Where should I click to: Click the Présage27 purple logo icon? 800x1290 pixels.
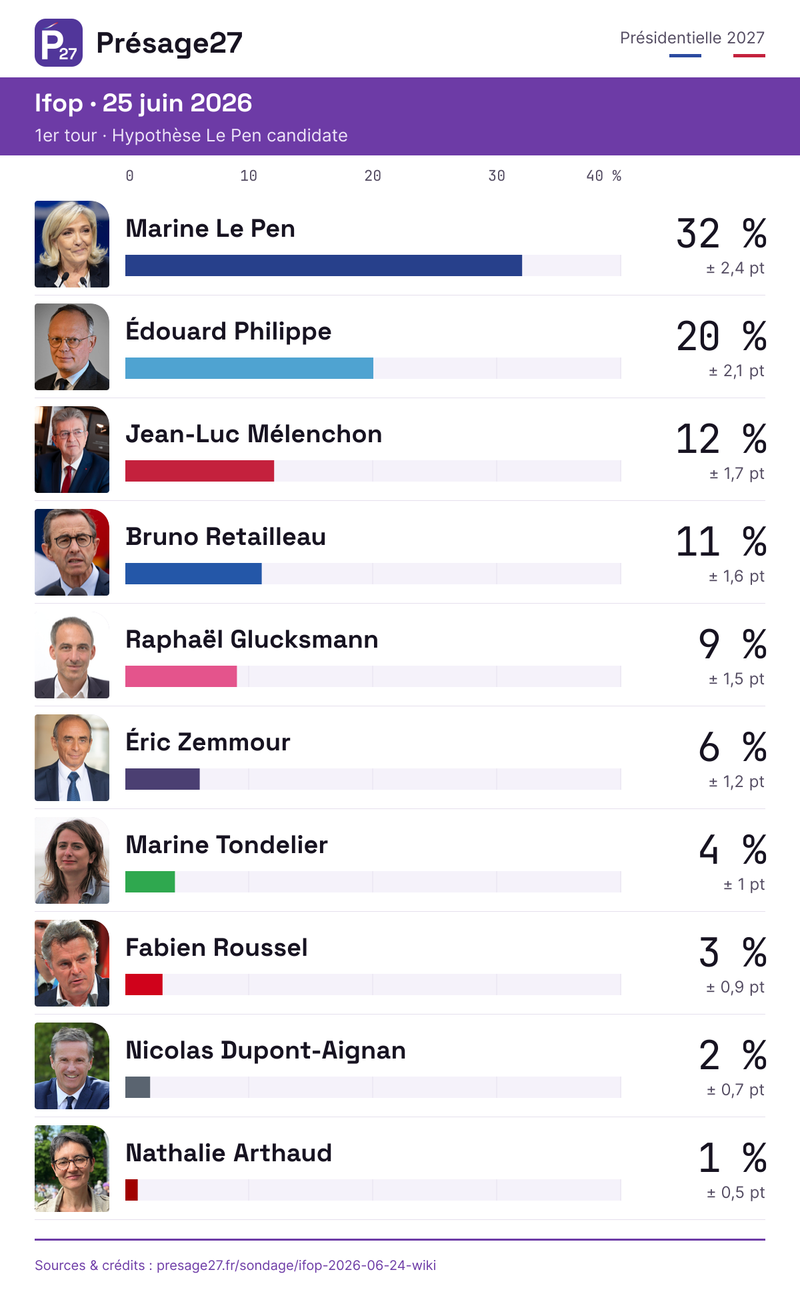click(x=59, y=43)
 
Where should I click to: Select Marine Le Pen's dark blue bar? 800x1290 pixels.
click(x=323, y=265)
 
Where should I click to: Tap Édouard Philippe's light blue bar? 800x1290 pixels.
click(x=249, y=368)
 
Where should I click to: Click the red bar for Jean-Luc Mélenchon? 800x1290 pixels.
click(x=199, y=471)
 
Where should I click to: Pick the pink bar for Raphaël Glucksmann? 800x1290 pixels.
click(x=181, y=676)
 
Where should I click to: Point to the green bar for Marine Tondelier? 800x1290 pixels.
click(x=150, y=882)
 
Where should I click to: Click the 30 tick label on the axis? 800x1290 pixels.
click(x=497, y=176)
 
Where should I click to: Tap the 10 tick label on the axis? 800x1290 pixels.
click(x=249, y=176)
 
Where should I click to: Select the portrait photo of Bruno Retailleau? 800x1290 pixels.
click(x=72, y=552)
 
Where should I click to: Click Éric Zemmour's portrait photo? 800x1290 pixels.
click(x=72, y=758)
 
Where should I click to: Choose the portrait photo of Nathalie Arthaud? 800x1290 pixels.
click(x=72, y=1169)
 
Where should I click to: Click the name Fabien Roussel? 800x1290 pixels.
click(x=217, y=947)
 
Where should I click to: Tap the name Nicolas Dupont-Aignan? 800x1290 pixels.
click(x=265, y=1051)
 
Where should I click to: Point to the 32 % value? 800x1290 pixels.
click(x=721, y=233)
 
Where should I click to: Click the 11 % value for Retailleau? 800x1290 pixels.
click(x=721, y=542)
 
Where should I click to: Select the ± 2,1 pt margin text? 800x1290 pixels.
click(x=736, y=371)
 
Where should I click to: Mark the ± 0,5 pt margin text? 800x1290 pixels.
click(x=736, y=1193)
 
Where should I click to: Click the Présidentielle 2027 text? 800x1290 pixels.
click(x=692, y=38)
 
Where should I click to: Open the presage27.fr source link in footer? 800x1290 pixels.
click(x=296, y=1265)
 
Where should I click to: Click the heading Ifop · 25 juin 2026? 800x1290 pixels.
click(x=143, y=103)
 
